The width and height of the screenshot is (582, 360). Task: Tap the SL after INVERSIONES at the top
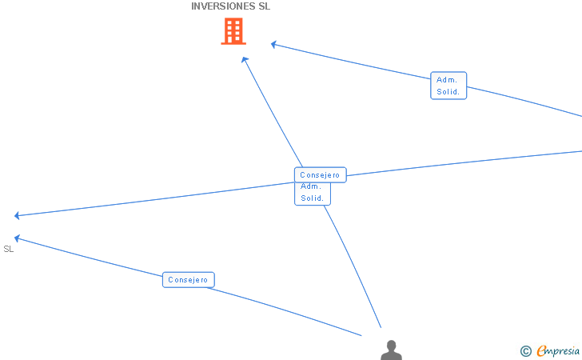pyautogui.click(x=264, y=6)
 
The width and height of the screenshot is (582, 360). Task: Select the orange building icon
pyautogui.click(x=233, y=31)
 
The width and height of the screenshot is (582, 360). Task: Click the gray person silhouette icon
pyautogui.click(x=391, y=351)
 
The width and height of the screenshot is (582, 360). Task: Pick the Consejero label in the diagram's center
pyautogui.click(x=320, y=175)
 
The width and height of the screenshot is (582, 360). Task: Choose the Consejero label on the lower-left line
pyautogui.click(x=188, y=280)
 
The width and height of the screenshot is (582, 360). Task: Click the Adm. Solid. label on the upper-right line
pyautogui.click(x=448, y=86)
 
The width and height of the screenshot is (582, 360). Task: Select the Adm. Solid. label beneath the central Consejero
pyautogui.click(x=312, y=193)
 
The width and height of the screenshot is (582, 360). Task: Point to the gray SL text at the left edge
pyautogui.click(x=9, y=249)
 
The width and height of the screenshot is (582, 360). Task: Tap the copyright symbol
pyautogui.click(x=525, y=350)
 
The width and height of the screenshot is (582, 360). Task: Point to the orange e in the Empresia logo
pyautogui.click(x=541, y=350)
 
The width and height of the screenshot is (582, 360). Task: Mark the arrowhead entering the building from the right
pyautogui.click(x=273, y=44)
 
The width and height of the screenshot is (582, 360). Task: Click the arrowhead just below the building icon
pyautogui.click(x=245, y=59)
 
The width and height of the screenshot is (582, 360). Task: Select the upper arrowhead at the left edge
pyautogui.click(x=18, y=215)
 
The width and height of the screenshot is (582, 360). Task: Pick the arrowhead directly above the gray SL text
pyautogui.click(x=18, y=238)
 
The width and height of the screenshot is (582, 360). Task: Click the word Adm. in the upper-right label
pyautogui.click(x=447, y=80)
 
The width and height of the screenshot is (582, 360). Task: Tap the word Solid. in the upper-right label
pyautogui.click(x=448, y=92)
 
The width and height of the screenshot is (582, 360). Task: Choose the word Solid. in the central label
pyautogui.click(x=312, y=198)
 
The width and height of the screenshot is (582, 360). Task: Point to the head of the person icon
pyautogui.click(x=391, y=346)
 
